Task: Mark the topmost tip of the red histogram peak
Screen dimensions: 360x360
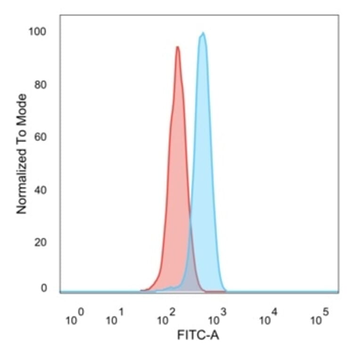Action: pos(177,47)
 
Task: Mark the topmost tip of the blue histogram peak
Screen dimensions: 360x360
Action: pos(203,33)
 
